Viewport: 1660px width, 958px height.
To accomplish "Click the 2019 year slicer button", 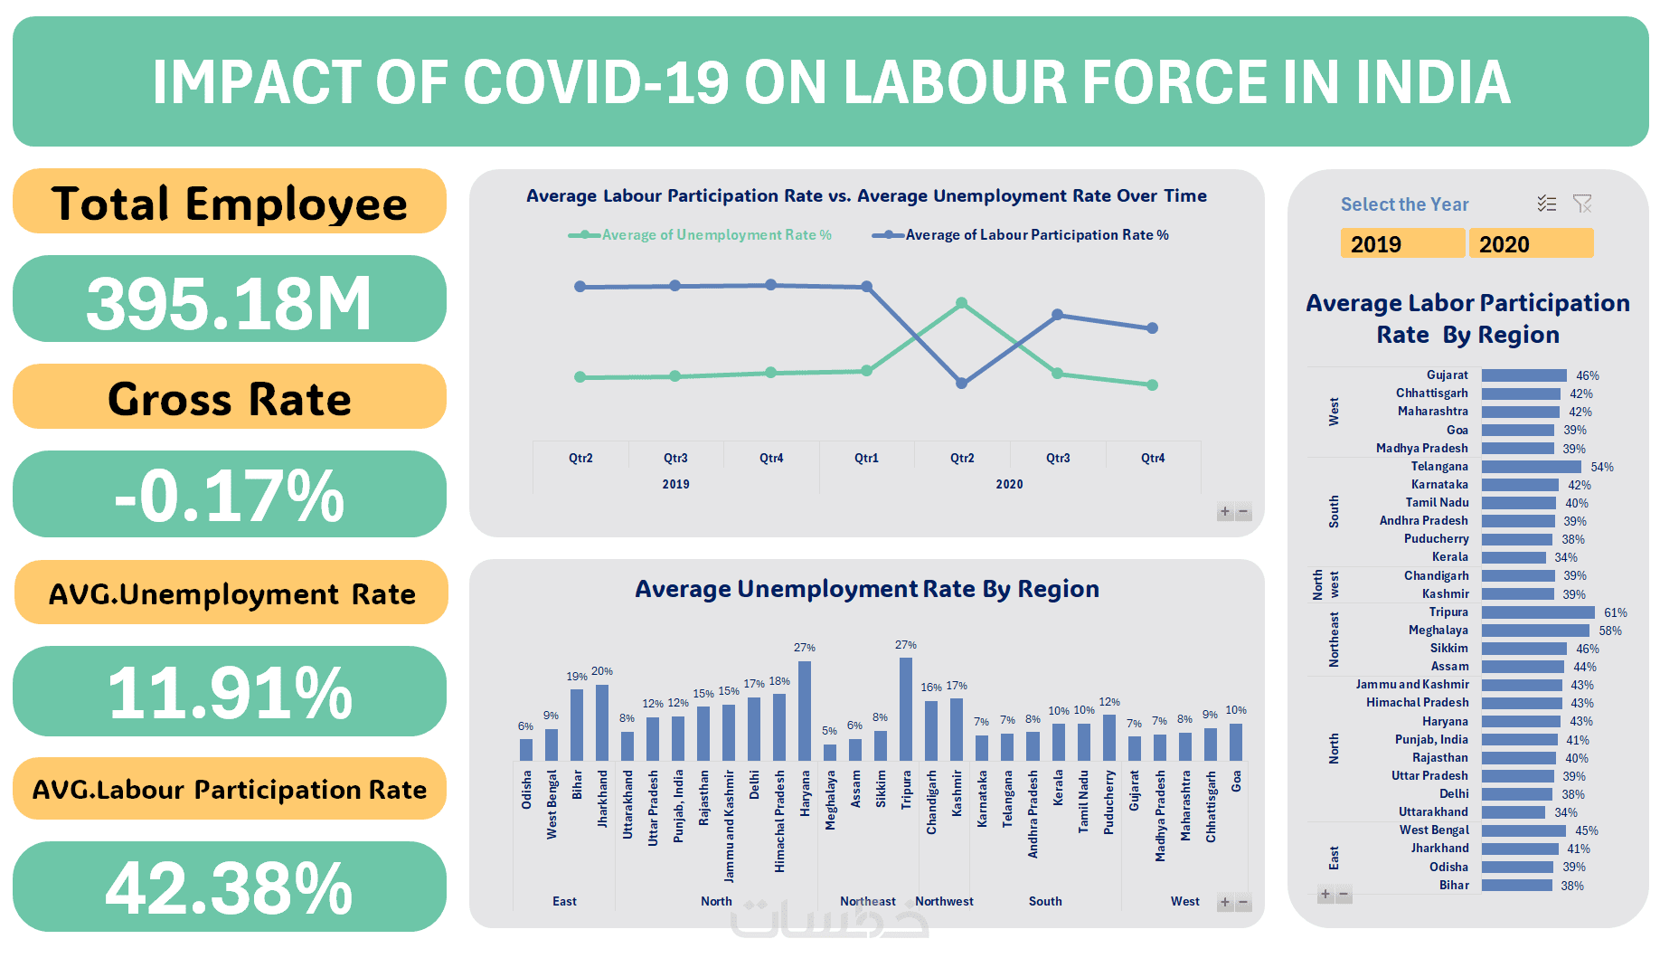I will click(x=1402, y=243).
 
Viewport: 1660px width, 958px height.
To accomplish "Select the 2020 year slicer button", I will click(x=1531, y=243).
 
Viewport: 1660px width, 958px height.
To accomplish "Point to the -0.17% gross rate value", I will click(x=229, y=495).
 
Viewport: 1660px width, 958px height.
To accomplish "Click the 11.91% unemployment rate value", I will click(x=229, y=692).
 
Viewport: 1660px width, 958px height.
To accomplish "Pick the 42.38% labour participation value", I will click(x=229, y=887).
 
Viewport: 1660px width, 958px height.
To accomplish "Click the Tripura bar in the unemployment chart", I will click(x=906, y=709).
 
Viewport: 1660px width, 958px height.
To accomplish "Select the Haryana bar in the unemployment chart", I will click(x=805, y=711).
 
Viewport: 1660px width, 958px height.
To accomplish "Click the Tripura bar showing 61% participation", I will click(x=1537, y=612).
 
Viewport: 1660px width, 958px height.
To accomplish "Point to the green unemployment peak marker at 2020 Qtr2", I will click(x=962, y=303).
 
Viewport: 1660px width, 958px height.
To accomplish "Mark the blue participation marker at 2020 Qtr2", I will click(x=962, y=384).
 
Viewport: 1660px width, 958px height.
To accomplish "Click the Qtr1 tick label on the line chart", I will click(x=866, y=458).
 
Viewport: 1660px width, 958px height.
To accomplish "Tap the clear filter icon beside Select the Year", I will click(x=1582, y=204).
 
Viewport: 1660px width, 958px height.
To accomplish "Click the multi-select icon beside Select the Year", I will click(x=1547, y=204).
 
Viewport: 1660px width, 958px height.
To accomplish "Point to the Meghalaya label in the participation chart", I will click(x=1438, y=631).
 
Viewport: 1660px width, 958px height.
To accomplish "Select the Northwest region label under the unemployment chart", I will click(x=944, y=901).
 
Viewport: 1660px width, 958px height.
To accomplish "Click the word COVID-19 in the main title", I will click(x=596, y=82).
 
